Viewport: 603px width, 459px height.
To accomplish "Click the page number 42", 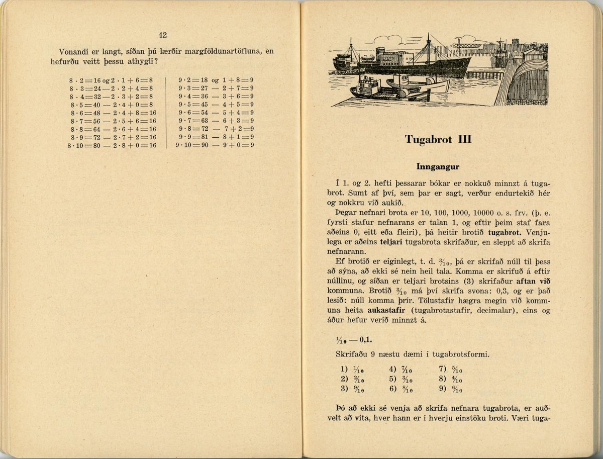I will pyautogui.click(x=162, y=35).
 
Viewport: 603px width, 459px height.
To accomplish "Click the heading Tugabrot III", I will pyautogui.click(x=438, y=140).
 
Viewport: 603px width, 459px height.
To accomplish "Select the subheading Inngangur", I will pyautogui.click(x=438, y=166).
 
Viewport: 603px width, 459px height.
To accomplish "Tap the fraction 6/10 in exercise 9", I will pyautogui.click(x=456, y=389).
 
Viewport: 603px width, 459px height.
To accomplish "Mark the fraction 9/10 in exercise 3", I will pyautogui.click(x=358, y=389).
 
